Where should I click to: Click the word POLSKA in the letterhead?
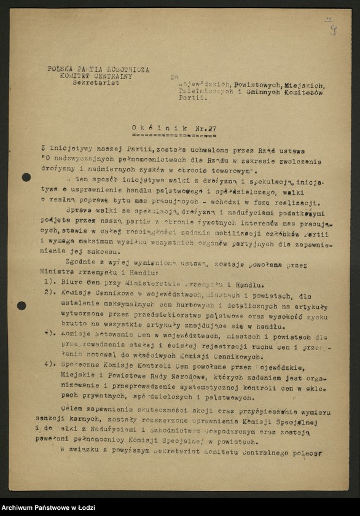click(60, 69)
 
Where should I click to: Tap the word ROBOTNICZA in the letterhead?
click(126, 69)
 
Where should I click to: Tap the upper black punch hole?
click(26, 178)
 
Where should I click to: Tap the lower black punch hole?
click(22, 305)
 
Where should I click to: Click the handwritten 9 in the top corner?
click(332, 29)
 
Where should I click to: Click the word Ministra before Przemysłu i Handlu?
click(54, 271)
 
